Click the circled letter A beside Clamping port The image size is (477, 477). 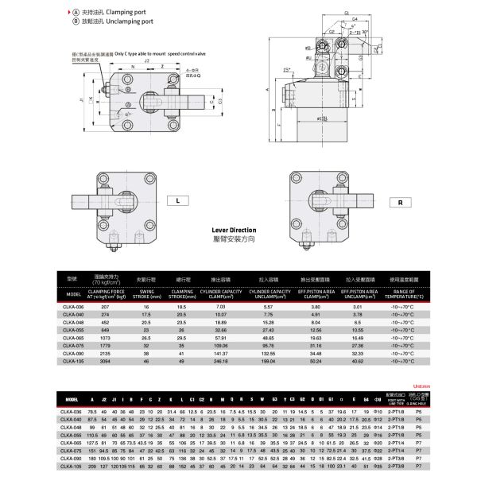click(76, 14)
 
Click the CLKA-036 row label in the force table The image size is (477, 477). click(73, 306)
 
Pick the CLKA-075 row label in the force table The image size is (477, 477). click(73, 345)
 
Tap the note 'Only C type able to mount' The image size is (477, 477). click(147, 53)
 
